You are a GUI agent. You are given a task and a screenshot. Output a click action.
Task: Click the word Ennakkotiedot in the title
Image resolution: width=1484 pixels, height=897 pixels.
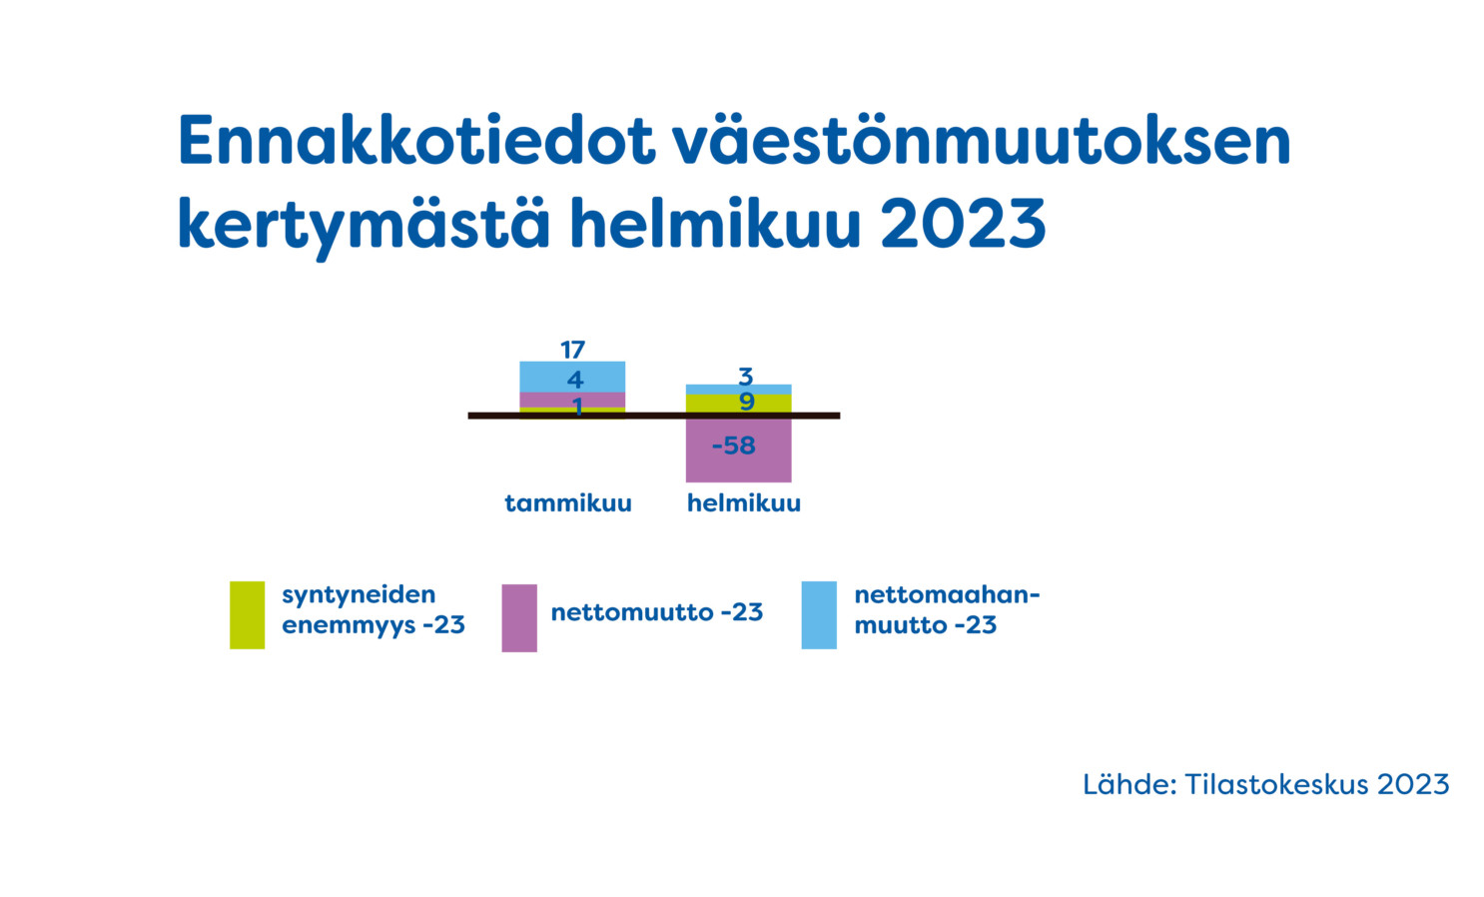[x=416, y=140]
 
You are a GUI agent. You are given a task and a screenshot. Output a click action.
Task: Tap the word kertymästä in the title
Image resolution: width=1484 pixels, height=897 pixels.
[x=364, y=224]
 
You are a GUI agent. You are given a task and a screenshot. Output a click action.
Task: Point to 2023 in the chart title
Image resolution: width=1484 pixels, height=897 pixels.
[x=964, y=224]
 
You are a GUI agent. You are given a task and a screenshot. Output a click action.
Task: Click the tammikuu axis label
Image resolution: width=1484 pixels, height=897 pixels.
[x=568, y=502]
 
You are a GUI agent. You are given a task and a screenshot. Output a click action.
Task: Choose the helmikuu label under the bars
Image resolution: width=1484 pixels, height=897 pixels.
[x=744, y=502]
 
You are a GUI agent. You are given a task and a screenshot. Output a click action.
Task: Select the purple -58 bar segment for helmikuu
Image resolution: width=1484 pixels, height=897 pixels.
[x=738, y=450]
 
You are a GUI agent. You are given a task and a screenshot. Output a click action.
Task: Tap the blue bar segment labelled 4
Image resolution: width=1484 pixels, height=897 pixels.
[x=572, y=377]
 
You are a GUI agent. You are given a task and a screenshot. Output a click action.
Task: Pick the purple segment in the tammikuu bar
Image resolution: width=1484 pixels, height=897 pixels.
[x=572, y=401]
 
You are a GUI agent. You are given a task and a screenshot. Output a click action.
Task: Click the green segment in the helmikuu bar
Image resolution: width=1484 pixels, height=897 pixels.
[x=738, y=404]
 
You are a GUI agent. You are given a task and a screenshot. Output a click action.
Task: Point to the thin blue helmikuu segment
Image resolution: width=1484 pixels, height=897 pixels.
[x=738, y=390]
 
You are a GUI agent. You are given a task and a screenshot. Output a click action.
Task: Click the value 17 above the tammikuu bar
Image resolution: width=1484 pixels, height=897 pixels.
[x=573, y=350]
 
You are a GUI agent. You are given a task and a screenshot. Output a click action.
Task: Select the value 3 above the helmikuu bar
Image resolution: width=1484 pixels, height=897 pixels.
[x=746, y=377]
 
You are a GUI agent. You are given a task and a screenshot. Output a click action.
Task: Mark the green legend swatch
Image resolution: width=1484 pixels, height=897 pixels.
[x=247, y=614]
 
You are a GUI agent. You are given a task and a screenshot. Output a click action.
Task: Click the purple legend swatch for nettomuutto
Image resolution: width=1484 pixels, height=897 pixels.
[x=519, y=618]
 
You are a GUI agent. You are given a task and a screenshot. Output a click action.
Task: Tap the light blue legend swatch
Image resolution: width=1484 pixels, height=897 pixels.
[x=819, y=614]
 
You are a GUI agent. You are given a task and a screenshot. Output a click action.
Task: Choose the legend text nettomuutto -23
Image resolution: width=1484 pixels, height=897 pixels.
[x=657, y=612]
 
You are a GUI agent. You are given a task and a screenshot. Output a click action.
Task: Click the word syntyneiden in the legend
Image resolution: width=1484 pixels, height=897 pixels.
[x=360, y=595]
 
